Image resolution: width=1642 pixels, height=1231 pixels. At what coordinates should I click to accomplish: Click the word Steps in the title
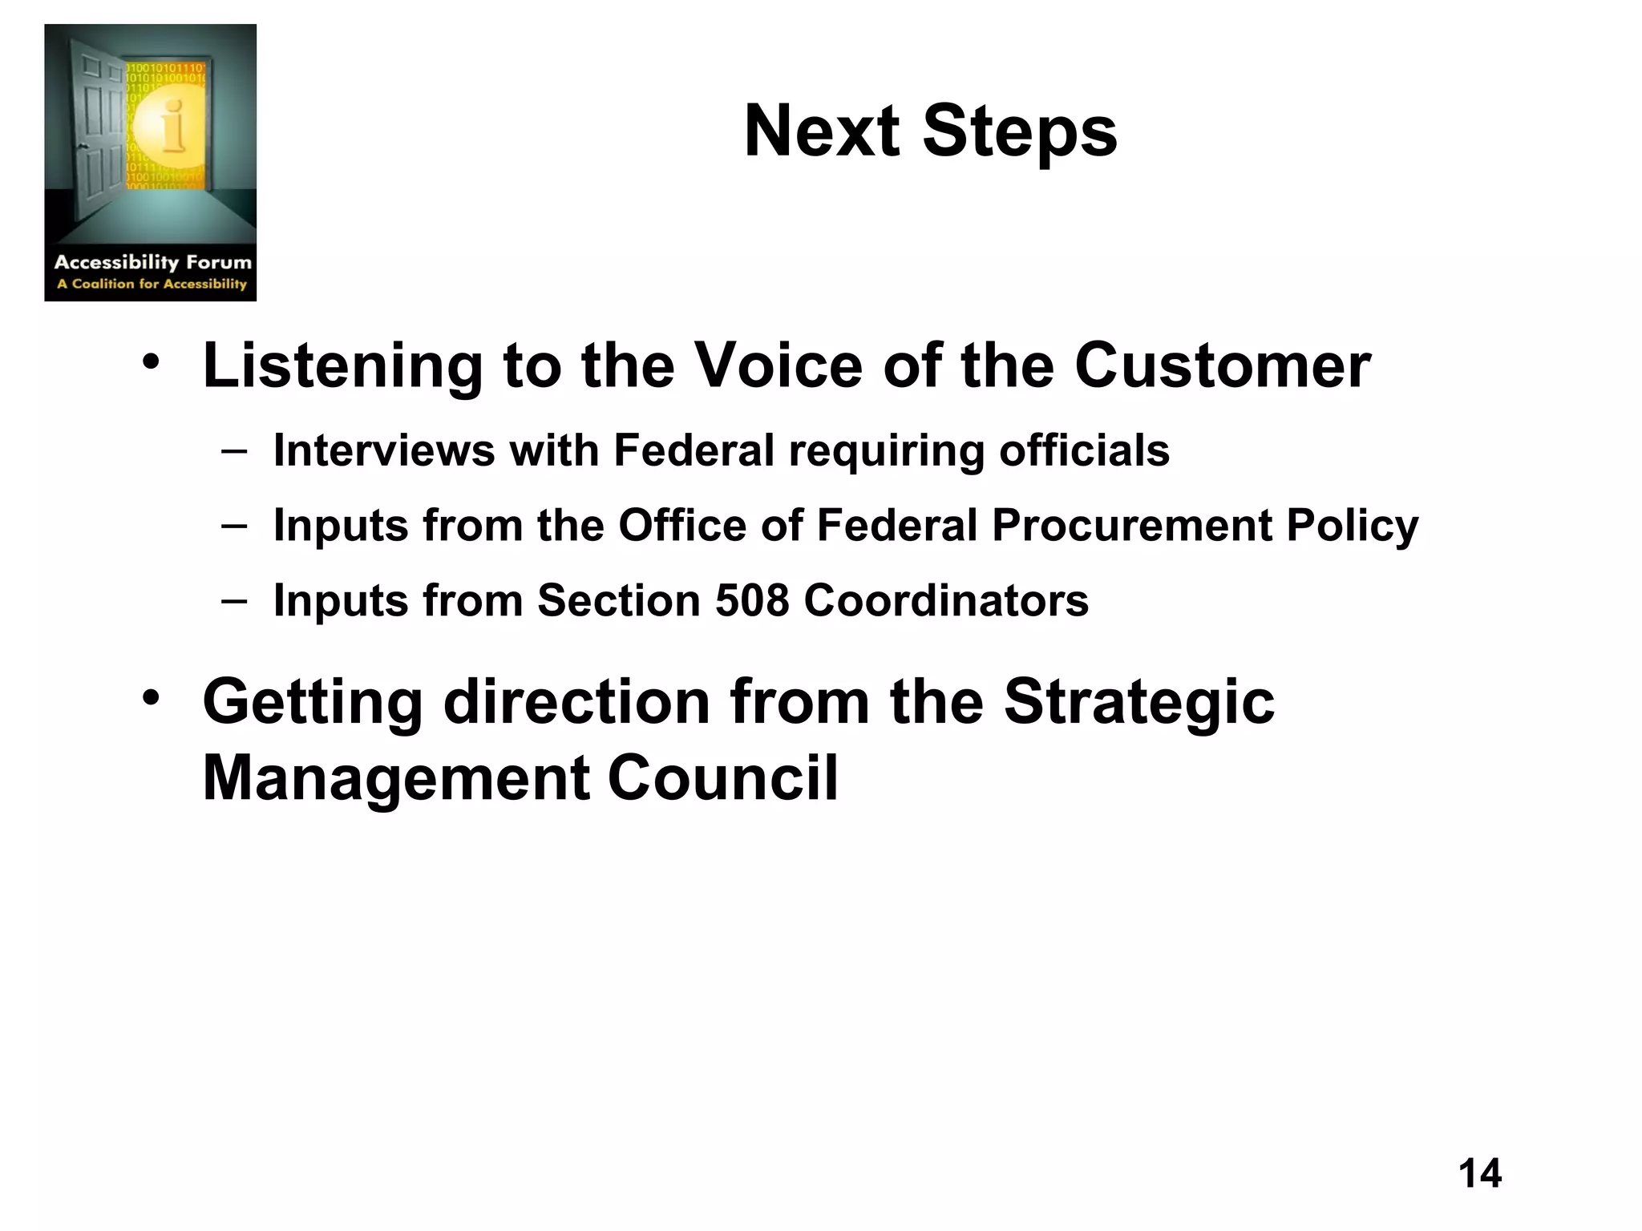[x=1020, y=133]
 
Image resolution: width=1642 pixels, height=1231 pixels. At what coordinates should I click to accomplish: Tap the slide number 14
[x=1479, y=1173]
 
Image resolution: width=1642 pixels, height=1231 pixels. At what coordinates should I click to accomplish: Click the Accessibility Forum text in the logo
[x=152, y=262]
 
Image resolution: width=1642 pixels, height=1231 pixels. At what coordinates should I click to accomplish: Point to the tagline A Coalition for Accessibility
[x=152, y=284]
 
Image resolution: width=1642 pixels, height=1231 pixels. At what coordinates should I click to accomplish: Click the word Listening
[x=342, y=366]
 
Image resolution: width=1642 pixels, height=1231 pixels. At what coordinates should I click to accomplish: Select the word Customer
[x=1222, y=366]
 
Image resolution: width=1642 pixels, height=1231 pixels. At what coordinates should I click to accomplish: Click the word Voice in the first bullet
[x=777, y=366]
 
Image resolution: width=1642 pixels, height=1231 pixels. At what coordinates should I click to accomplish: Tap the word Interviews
[x=383, y=450]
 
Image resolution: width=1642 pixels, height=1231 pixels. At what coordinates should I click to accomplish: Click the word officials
[x=1084, y=450]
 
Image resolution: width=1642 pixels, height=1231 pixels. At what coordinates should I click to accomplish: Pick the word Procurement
[x=1131, y=527]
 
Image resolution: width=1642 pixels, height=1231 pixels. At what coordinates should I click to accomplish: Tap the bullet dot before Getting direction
[x=151, y=698]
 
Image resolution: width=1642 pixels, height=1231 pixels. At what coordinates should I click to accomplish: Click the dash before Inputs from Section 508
[x=234, y=600]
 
